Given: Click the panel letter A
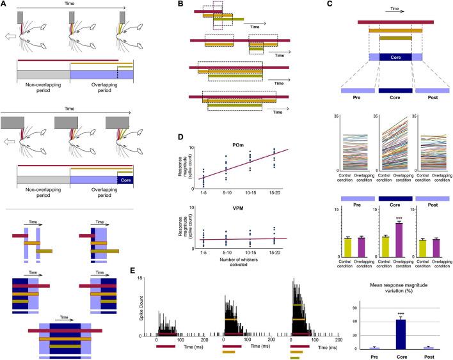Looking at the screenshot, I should (4, 4).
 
